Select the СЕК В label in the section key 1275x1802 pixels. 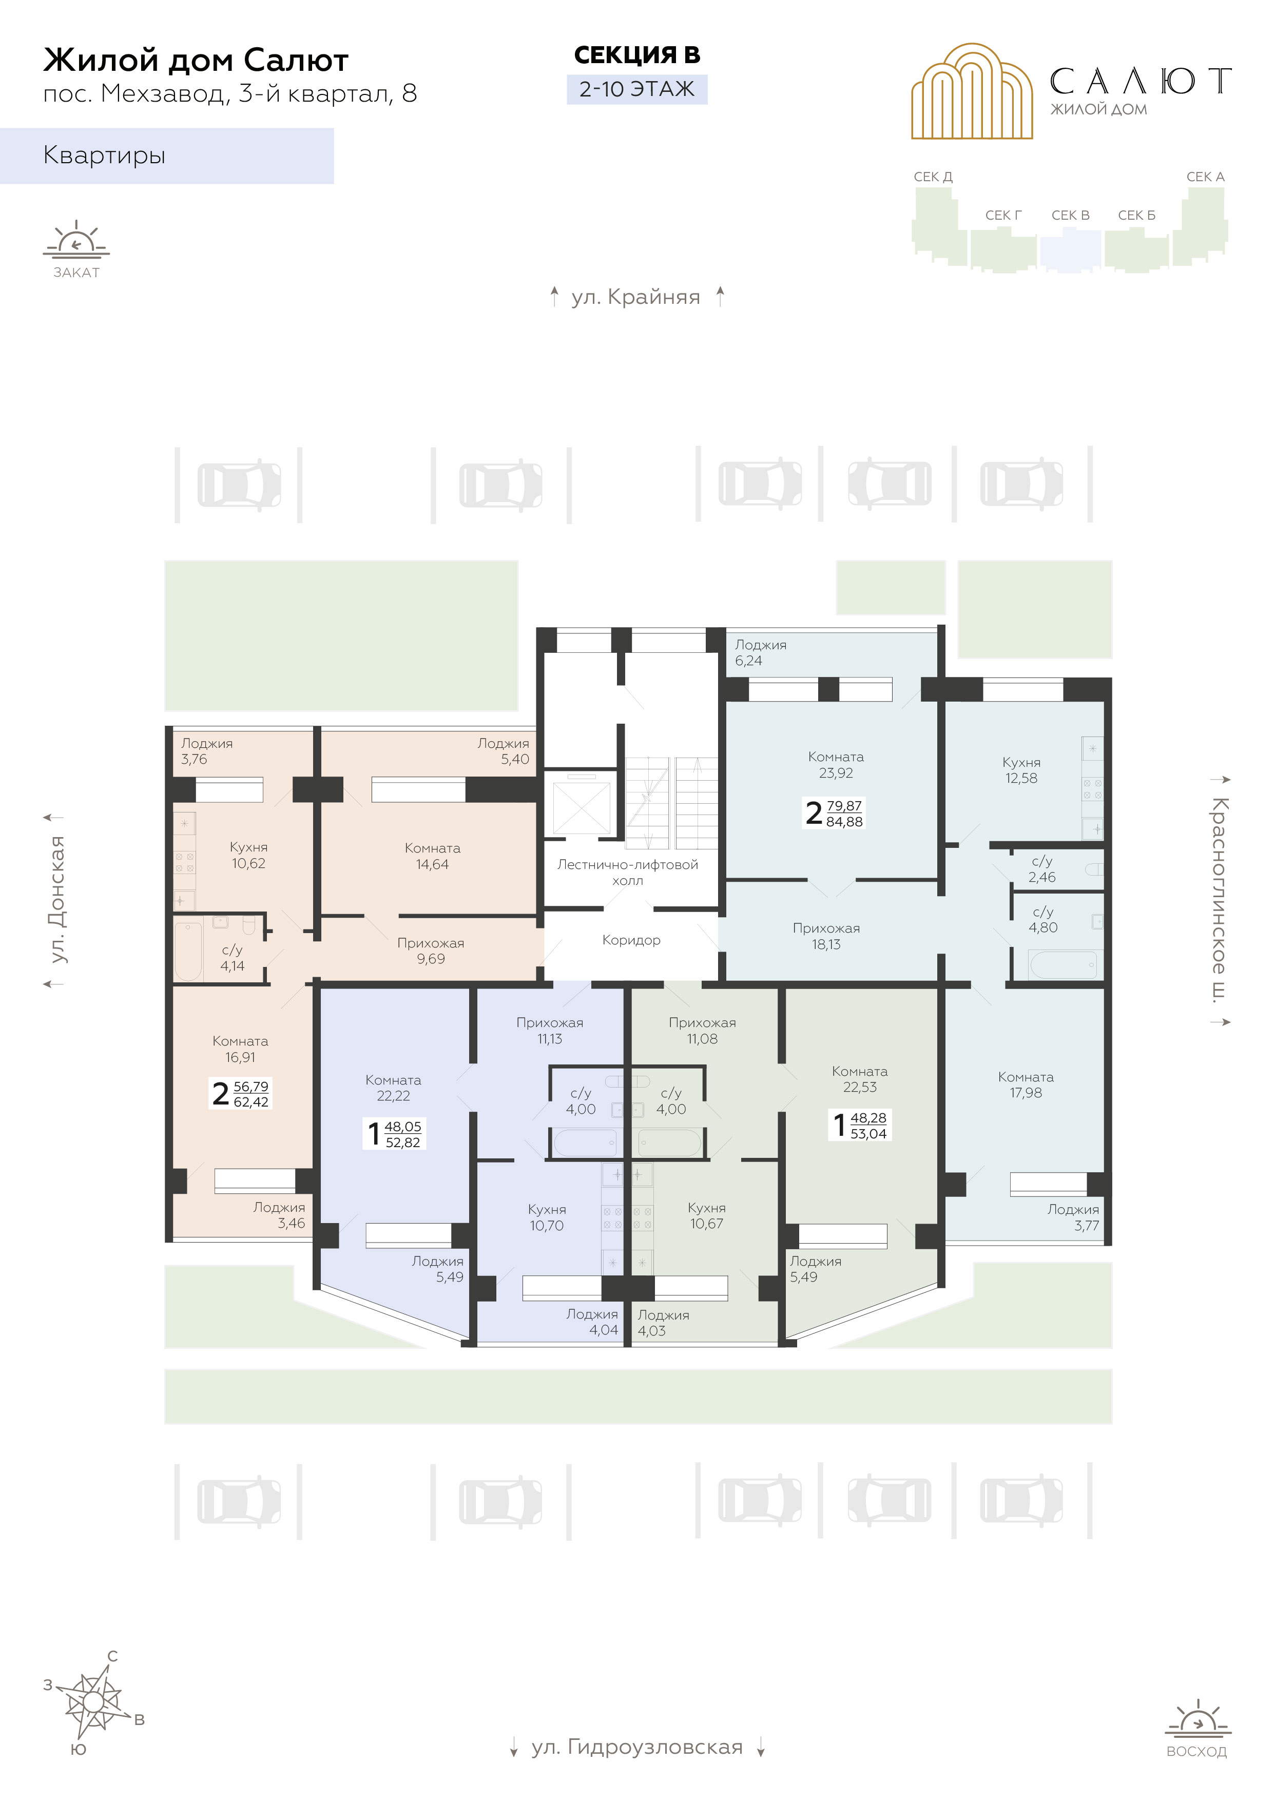point(1070,215)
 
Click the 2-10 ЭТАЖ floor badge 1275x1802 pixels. point(636,89)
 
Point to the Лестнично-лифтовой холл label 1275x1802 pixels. point(627,872)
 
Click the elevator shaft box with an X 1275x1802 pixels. point(581,807)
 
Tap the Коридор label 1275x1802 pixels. point(631,939)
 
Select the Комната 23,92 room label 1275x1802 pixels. point(835,764)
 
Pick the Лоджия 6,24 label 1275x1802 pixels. point(760,652)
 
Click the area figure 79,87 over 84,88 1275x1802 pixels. point(844,813)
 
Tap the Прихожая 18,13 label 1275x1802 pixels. point(826,936)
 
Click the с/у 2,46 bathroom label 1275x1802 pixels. point(1042,869)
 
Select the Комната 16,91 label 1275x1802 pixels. point(240,1049)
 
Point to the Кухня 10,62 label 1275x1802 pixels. point(248,855)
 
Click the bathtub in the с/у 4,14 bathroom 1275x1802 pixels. point(188,951)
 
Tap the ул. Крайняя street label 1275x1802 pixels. point(636,297)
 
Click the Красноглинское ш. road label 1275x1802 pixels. point(1219,900)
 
